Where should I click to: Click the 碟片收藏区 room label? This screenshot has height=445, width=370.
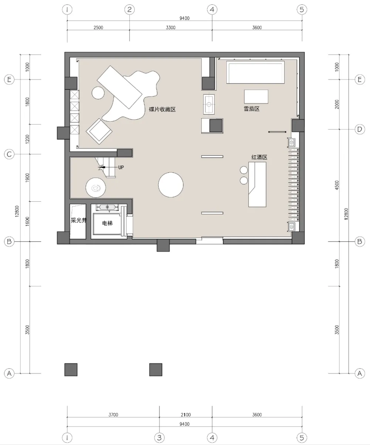tap(162, 109)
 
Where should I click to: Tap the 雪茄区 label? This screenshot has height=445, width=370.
tap(252, 109)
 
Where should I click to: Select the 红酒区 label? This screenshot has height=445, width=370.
tap(259, 157)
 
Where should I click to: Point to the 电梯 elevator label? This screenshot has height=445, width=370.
tap(107, 223)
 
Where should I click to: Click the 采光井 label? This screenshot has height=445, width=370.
tap(78, 220)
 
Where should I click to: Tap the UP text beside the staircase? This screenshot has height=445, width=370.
tap(121, 167)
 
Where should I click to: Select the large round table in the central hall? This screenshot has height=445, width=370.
tap(171, 185)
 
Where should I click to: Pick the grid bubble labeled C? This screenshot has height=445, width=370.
tap(9, 154)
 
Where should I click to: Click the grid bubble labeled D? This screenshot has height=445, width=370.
tap(360, 129)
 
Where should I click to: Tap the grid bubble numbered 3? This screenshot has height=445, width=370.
tap(159, 438)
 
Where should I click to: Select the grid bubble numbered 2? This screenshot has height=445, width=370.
tap(129, 10)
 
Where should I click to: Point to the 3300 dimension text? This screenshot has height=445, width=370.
tap(171, 28)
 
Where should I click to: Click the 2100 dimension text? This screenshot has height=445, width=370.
tap(185, 415)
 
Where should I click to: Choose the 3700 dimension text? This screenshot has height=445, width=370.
tap(113, 415)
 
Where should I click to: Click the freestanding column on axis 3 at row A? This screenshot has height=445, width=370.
tap(155, 369)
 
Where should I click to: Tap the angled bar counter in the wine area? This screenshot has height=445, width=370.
tap(257, 185)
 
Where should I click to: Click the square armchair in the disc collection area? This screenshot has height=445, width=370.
tap(99, 131)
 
